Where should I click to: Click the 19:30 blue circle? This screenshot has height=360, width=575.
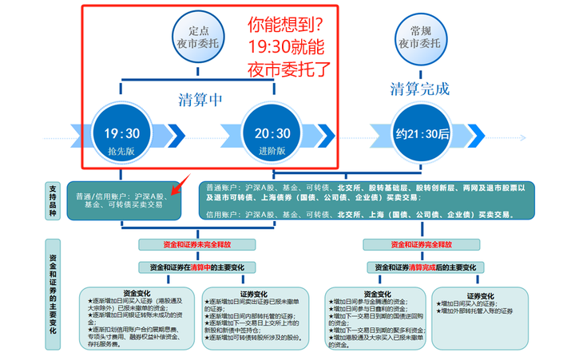(121, 136)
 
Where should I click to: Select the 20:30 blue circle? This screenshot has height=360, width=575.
(272, 136)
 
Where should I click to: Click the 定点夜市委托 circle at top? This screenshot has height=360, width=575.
(197, 38)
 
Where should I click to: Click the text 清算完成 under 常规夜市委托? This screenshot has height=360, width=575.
(420, 88)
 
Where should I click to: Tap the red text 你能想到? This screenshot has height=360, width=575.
(288, 26)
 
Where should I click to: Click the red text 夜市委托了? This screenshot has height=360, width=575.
(288, 68)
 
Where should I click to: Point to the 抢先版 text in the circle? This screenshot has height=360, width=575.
(121, 152)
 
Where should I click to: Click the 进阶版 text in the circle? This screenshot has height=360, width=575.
(272, 152)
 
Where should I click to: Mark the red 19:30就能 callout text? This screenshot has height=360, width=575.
(288, 46)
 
